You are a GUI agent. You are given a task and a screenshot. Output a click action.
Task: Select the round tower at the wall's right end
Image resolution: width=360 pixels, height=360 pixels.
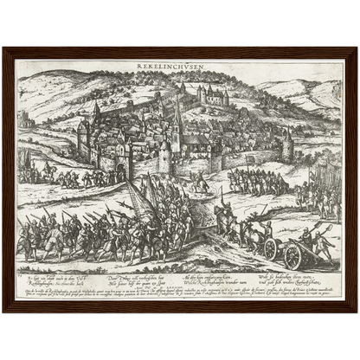click(287, 147)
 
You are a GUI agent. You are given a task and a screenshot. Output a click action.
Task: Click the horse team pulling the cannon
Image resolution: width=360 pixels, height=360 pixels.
click(229, 224)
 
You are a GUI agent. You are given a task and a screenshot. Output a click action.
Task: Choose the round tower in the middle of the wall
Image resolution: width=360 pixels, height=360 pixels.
click(164, 156)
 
